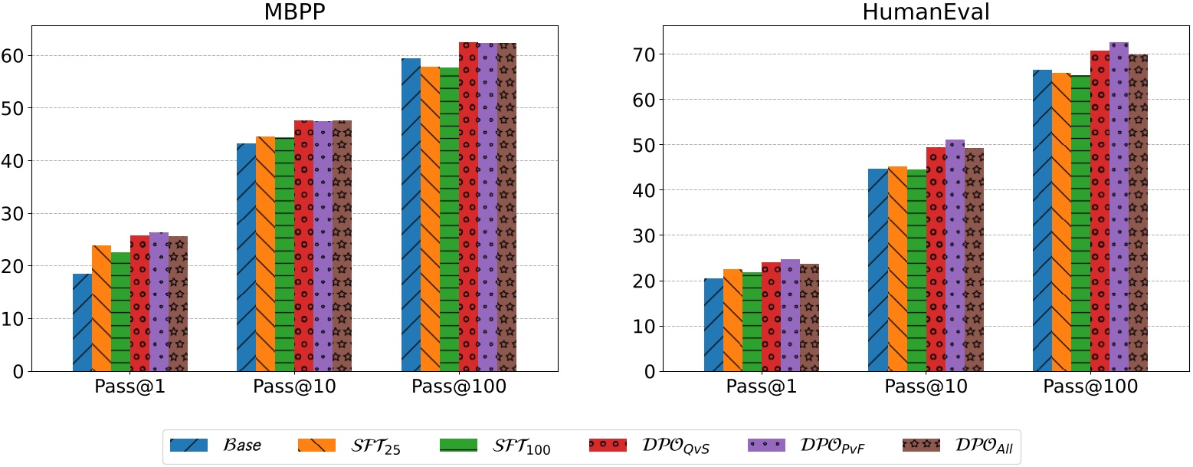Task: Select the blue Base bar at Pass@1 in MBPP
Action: [82, 322]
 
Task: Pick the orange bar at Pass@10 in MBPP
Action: [265, 254]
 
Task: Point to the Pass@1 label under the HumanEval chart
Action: [762, 387]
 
